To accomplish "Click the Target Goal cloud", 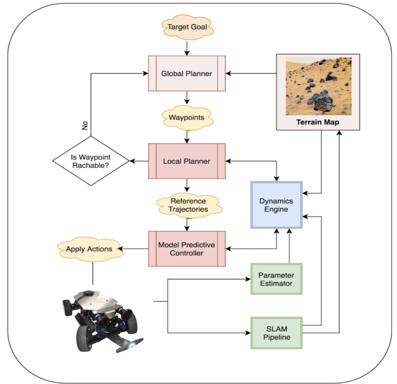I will pos(187,27).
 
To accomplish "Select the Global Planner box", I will pos(187,73).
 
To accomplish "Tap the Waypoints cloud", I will pos(187,118).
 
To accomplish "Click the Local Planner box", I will pos(187,161).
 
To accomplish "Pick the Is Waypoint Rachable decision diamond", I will pos(91,161).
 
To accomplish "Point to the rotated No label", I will pos(85,125).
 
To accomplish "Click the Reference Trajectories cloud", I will pos(189,205).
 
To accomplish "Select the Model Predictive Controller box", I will pos(187,249).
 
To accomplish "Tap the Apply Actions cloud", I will pos(89,249).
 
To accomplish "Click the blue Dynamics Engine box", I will pos(276,205).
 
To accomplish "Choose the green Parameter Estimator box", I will pos(276,279).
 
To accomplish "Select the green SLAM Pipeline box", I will pos(276,333).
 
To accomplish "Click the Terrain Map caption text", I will pos(318,122).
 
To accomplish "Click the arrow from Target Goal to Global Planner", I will pos(187,48).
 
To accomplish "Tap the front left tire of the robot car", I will pos(86,337).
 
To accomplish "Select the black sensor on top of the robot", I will pos(88,293).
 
